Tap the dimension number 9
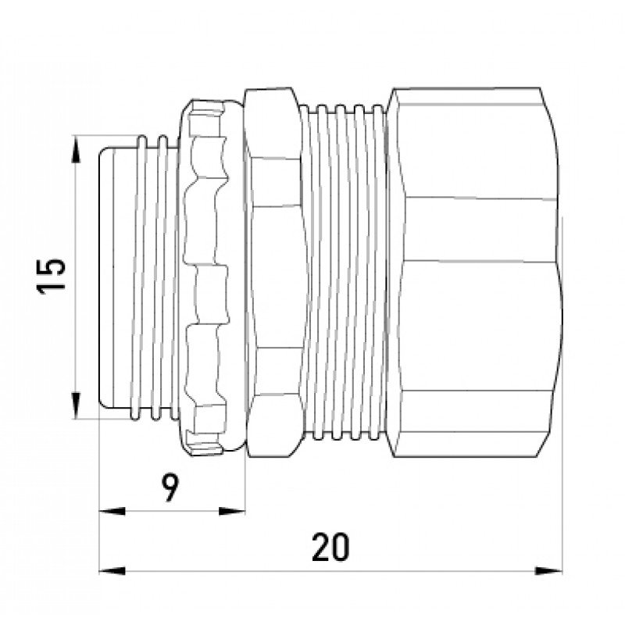point(170,487)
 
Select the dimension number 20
point(330,547)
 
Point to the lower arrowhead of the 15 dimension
point(76,405)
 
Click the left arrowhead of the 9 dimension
point(112,511)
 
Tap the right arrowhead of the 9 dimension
point(232,511)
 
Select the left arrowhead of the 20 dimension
point(112,571)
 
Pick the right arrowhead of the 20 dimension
point(548,571)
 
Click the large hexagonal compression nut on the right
point(474,272)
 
